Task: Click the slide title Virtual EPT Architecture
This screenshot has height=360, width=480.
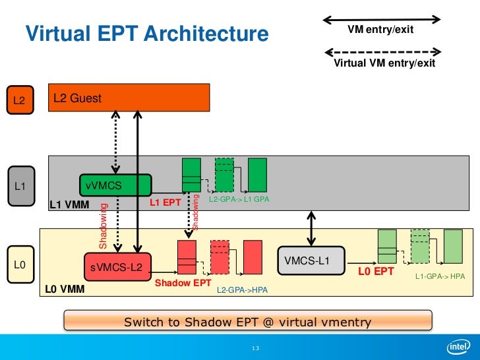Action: click(147, 33)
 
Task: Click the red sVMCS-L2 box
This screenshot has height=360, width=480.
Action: click(117, 266)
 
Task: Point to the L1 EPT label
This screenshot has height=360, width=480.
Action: click(165, 202)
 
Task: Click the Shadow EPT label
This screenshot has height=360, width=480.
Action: click(183, 284)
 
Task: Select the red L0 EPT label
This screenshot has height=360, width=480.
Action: click(376, 271)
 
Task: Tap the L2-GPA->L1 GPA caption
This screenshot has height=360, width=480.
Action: click(239, 199)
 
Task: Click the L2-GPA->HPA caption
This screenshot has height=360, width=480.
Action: click(242, 289)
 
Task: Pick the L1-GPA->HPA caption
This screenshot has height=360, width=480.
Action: click(440, 276)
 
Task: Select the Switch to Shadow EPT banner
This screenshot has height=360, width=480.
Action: click(247, 322)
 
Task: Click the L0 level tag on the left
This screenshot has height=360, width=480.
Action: click(20, 265)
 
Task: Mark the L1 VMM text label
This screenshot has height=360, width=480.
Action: click(70, 206)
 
